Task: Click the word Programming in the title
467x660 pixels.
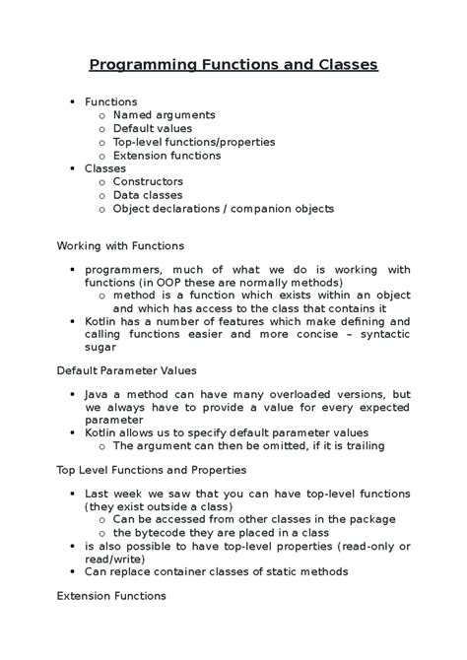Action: click(x=142, y=66)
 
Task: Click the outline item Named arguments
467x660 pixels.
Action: click(x=157, y=115)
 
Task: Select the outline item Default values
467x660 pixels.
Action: click(x=153, y=128)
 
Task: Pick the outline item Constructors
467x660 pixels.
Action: click(x=148, y=181)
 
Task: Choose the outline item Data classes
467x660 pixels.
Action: click(x=148, y=195)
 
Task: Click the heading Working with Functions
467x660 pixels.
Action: click(x=120, y=245)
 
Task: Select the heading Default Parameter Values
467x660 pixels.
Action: click(x=126, y=370)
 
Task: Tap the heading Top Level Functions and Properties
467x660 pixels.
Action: click(x=151, y=470)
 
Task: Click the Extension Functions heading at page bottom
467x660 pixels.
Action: click(x=111, y=596)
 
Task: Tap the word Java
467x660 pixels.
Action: click(x=98, y=393)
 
